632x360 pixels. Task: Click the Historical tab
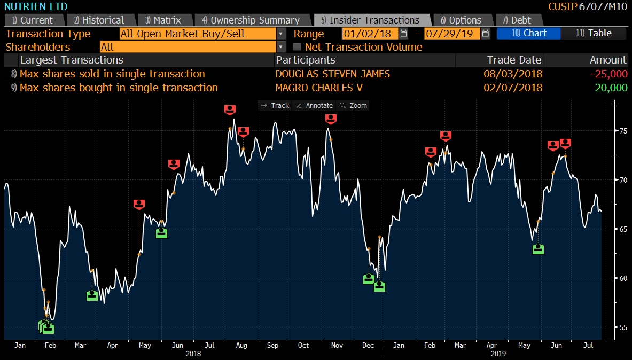click(99, 20)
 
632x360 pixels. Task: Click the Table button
click(594, 33)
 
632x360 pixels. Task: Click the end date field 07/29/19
click(451, 34)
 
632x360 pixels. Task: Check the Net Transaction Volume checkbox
click(297, 47)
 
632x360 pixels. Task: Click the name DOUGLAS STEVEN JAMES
click(333, 74)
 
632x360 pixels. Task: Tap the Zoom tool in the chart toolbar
click(354, 106)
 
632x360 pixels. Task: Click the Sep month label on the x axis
click(272, 346)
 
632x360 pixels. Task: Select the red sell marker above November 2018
click(331, 119)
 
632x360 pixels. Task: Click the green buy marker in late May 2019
click(539, 248)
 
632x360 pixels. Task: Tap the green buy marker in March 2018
click(92, 295)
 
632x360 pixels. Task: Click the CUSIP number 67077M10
click(603, 6)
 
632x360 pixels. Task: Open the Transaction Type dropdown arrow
click(281, 34)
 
